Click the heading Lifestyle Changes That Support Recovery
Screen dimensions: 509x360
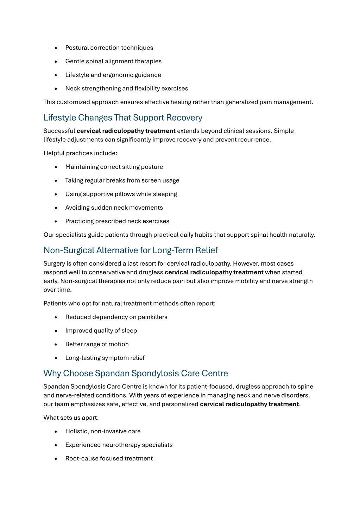coord(123,117)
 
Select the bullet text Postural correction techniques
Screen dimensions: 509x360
coord(109,48)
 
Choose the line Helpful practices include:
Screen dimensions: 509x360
coord(80,153)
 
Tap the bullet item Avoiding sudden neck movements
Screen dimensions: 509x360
coord(114,208)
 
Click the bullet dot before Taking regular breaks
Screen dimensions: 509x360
coord(56,181)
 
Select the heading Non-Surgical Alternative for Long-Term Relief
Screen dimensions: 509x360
coord(131,250)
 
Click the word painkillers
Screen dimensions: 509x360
coord(152,317)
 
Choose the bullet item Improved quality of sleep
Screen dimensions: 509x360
coord(101,331)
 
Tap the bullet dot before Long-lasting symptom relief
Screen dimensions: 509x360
coord(56,358)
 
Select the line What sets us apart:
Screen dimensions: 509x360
coord(71,418)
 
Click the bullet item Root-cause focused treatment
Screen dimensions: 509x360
coord(109,459)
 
